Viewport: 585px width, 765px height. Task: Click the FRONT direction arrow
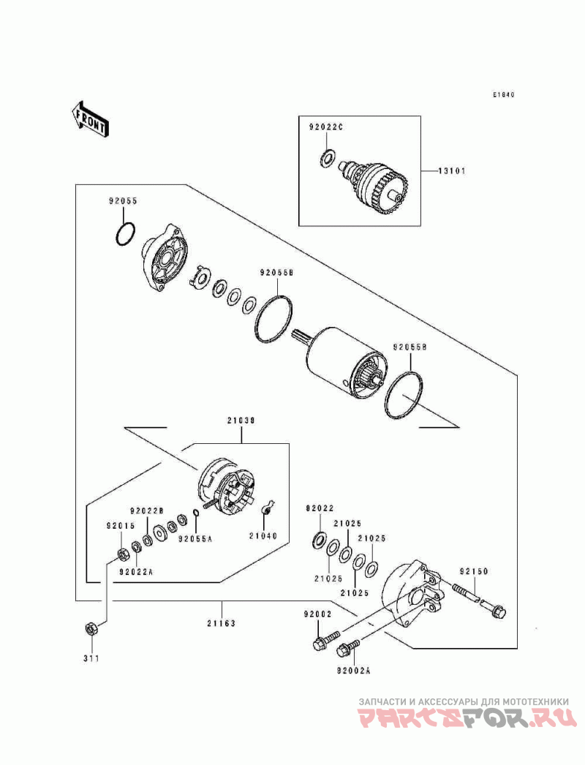[x=89, y=118]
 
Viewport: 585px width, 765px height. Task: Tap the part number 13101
[x=451, y=171]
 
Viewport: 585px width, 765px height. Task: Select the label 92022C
[x=326, y=127]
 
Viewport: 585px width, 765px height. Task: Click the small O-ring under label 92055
[x=126, y=235]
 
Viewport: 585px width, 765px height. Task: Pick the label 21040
[x=263, y=535]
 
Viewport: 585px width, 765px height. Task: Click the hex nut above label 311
[x=90, y=629]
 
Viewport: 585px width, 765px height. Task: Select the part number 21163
[x=221, y=623]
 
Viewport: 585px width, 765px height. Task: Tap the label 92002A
[x=353, y=671]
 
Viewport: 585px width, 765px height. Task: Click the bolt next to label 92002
[x=327, y=640]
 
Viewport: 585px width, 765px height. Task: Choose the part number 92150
[x=473, y=571]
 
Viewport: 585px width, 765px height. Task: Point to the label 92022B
[x=146, y=511]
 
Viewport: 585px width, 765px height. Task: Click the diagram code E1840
[x=503, y=94]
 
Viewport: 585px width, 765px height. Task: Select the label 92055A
[x=195, y=539]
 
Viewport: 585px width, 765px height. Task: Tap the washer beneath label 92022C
[x=327, y=158]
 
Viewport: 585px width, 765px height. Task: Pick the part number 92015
[x=121, y=526]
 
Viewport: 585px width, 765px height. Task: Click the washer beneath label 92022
[x=320, y=540]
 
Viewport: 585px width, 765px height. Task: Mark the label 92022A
[x=135, y=571]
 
